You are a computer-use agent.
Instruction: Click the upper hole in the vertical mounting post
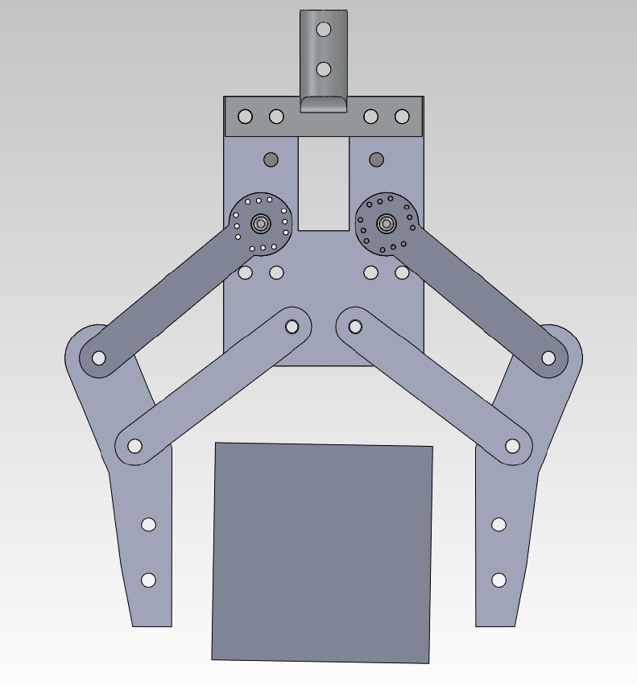coord(324,29)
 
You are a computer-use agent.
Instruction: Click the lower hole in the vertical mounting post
coord(324,69)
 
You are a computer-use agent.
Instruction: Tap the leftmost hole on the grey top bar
coord(245,117)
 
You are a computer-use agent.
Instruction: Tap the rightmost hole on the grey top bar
coord(402,117)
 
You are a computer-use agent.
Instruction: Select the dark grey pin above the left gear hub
coord(271,159)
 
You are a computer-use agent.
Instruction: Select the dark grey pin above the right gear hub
coord(376,159)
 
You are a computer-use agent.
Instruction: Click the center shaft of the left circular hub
coord(260,223)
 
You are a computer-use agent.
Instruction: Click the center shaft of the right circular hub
coord(386,223)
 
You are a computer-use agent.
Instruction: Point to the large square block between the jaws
coord(322,552)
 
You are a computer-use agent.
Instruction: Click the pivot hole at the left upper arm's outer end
coord(99,357)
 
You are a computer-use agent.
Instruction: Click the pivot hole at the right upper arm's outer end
coord(548,357)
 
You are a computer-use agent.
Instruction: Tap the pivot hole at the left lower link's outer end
coord(134,446)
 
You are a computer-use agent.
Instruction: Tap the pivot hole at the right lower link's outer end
coord(512,446)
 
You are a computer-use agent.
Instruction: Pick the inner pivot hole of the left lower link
coord(292,326)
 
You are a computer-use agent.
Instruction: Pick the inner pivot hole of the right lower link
coord(355,326)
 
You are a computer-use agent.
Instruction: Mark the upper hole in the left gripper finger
coord(148,525)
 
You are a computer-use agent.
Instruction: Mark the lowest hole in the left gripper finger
coord(148,580)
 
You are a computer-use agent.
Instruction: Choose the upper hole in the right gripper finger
coord(498,525)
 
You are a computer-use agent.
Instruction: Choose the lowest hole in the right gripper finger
coord(498,580)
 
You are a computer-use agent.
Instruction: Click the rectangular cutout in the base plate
coord(324,184)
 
